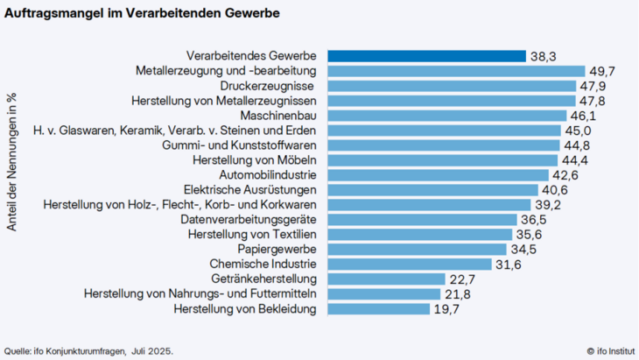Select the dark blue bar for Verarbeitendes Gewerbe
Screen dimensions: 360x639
coord(426,56)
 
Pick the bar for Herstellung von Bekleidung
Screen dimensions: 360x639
coord(378,309)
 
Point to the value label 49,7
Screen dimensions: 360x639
coord(606,71)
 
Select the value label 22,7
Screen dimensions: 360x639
coord(465,279)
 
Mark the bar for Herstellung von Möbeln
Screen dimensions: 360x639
coord(442,160)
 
